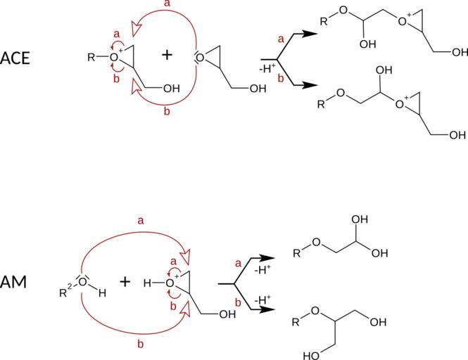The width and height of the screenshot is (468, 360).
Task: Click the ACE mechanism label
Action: click(x=15, y=57)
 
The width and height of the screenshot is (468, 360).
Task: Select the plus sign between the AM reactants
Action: click(x=125, y=281)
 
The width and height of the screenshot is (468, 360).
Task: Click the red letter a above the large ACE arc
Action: click(x=167, y=5)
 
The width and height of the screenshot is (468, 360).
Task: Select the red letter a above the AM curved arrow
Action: click(x=140, y=221)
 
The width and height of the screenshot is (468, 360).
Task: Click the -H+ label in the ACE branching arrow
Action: click(x=268, y=68)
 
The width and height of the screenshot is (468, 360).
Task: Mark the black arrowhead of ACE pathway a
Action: click(x=308, y=33)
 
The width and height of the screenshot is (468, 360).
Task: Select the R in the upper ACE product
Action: click(x=323, y=21)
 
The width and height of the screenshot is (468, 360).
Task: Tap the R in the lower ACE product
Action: click(x=322, y=105)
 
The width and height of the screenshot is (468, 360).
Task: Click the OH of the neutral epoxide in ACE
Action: click(x=257, y=89)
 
